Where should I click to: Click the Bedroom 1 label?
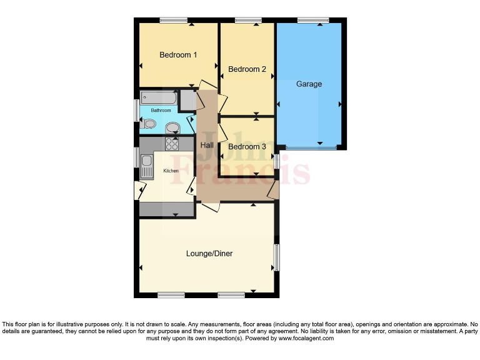click(178, 55)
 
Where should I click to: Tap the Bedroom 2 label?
click(247, 69)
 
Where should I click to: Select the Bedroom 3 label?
click(247, 147)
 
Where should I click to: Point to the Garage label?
click(309, 84)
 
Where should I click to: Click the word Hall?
click(206, 146)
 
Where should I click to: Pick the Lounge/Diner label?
click(209, 254)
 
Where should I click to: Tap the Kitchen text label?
click(171, 171)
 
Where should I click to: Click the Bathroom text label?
click(161, 111)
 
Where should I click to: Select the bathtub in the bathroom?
click(159, 98)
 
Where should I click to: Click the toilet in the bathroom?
click(147, 124)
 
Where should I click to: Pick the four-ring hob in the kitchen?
click(171, 144)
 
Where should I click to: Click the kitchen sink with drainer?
click(146, 166)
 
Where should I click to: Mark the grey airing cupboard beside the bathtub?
click(187, 100)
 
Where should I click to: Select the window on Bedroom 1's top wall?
click(173, 21)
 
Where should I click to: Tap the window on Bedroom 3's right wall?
click(276, 161)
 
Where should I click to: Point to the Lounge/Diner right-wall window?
click(276, 257)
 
